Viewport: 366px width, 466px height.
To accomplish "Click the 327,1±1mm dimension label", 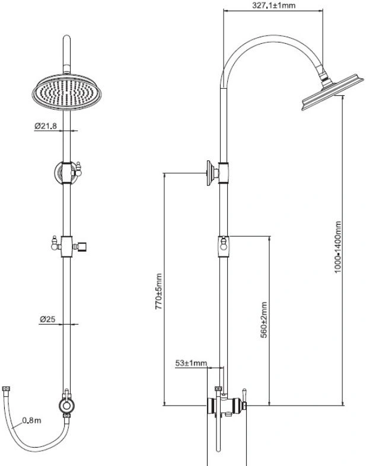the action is (273, 5).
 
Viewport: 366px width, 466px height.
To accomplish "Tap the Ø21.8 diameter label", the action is (45, 126).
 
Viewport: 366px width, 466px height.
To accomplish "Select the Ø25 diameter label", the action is (47, 319).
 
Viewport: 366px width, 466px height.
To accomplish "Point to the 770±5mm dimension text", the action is (159, 291).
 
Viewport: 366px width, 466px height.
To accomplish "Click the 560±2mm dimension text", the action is (264, 320).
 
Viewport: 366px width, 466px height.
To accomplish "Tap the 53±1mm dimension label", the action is (191, 363).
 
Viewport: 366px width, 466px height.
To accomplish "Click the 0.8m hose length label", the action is (31, 420).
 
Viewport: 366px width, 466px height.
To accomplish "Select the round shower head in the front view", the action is (66, 92).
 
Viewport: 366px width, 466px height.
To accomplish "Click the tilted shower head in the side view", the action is (332, 92).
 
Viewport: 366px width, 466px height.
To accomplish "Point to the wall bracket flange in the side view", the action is (210, 173).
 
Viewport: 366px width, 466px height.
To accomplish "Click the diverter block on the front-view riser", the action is (66, 247).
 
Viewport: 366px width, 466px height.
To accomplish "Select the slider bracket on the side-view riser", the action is (224, 247).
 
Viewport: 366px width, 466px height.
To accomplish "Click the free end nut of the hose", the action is (7, 389).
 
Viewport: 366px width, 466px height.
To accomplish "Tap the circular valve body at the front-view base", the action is (66, 406).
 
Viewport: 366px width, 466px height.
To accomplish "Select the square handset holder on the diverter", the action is (82, 247).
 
